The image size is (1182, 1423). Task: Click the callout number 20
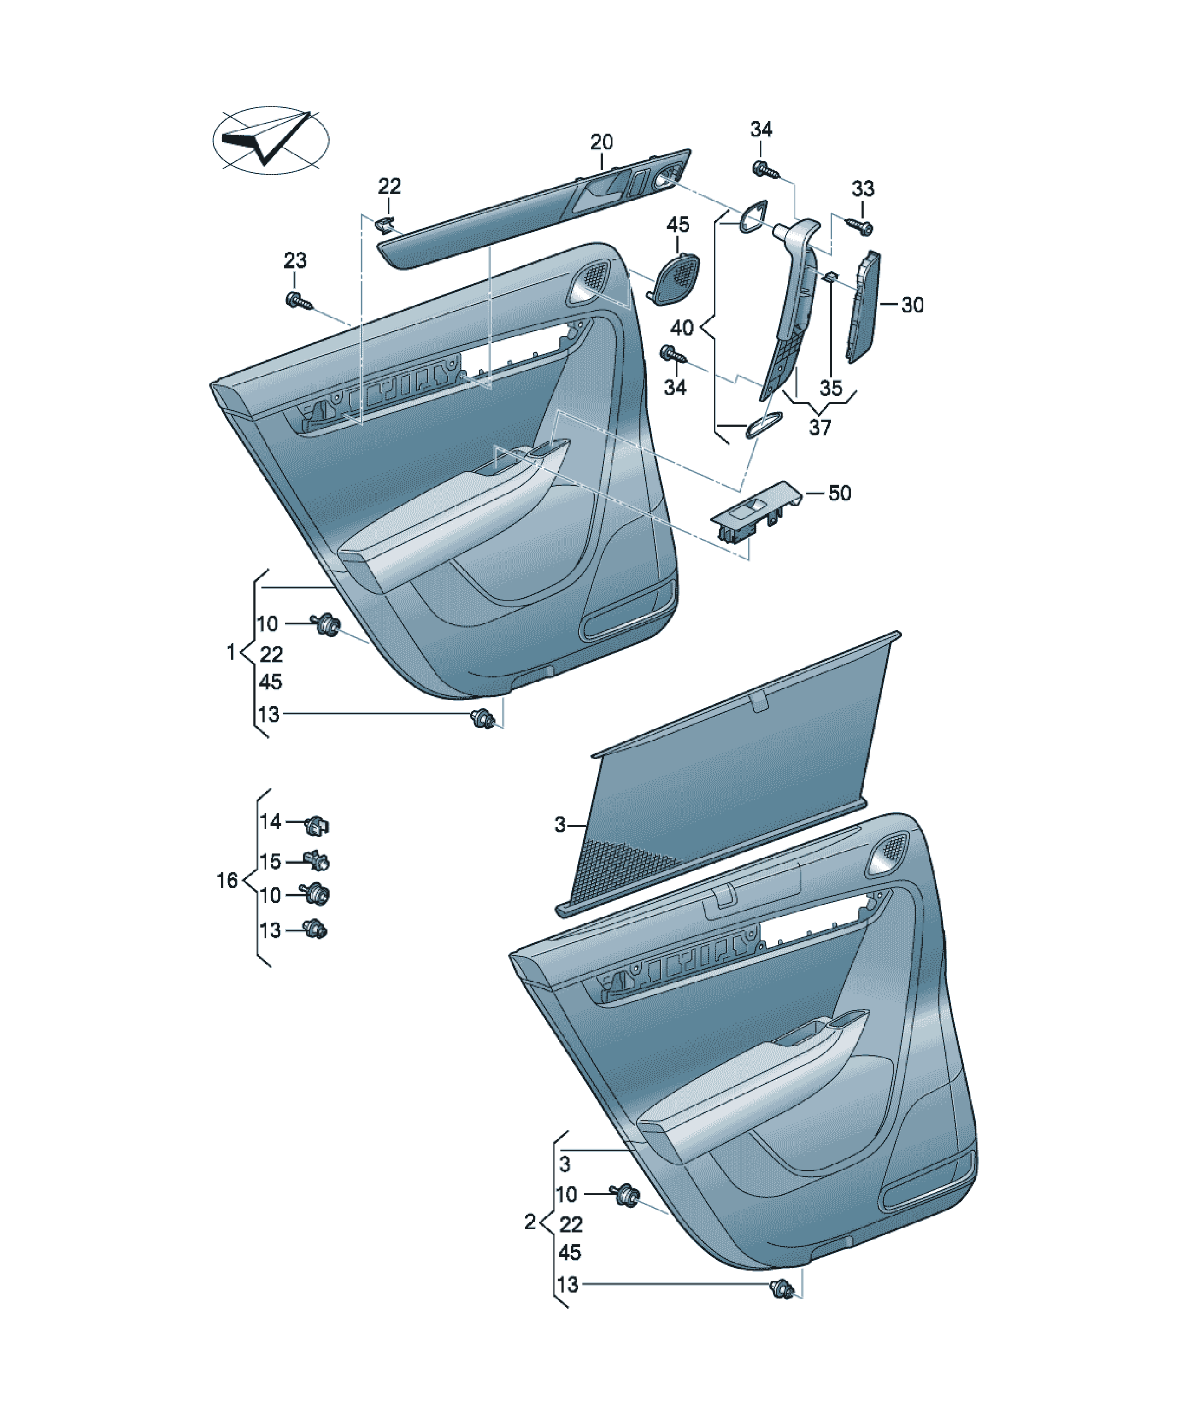click(601, 142)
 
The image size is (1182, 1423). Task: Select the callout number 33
click(862, 188)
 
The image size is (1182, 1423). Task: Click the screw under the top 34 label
click(764, 170)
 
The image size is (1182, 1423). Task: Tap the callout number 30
click(912, 305)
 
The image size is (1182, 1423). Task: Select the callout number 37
click(820, 428)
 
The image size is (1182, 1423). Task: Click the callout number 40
click(682, 328)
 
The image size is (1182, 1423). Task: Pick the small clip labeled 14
click(318, 826)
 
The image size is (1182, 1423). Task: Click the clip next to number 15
click(318, 861)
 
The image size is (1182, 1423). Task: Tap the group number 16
click(227, 880)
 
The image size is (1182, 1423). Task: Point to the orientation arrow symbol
click(271, 140)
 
